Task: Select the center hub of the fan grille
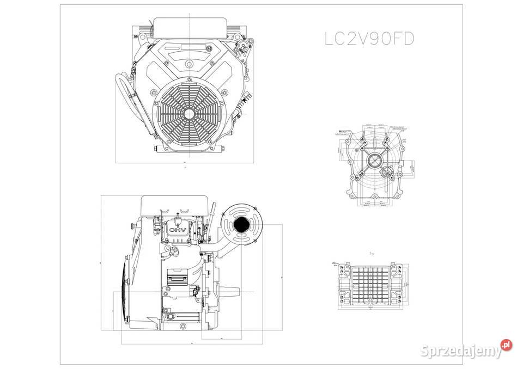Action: pos(188,114)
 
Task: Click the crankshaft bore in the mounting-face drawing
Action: pos(375,161)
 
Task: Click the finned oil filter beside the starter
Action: pos(177,279)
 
